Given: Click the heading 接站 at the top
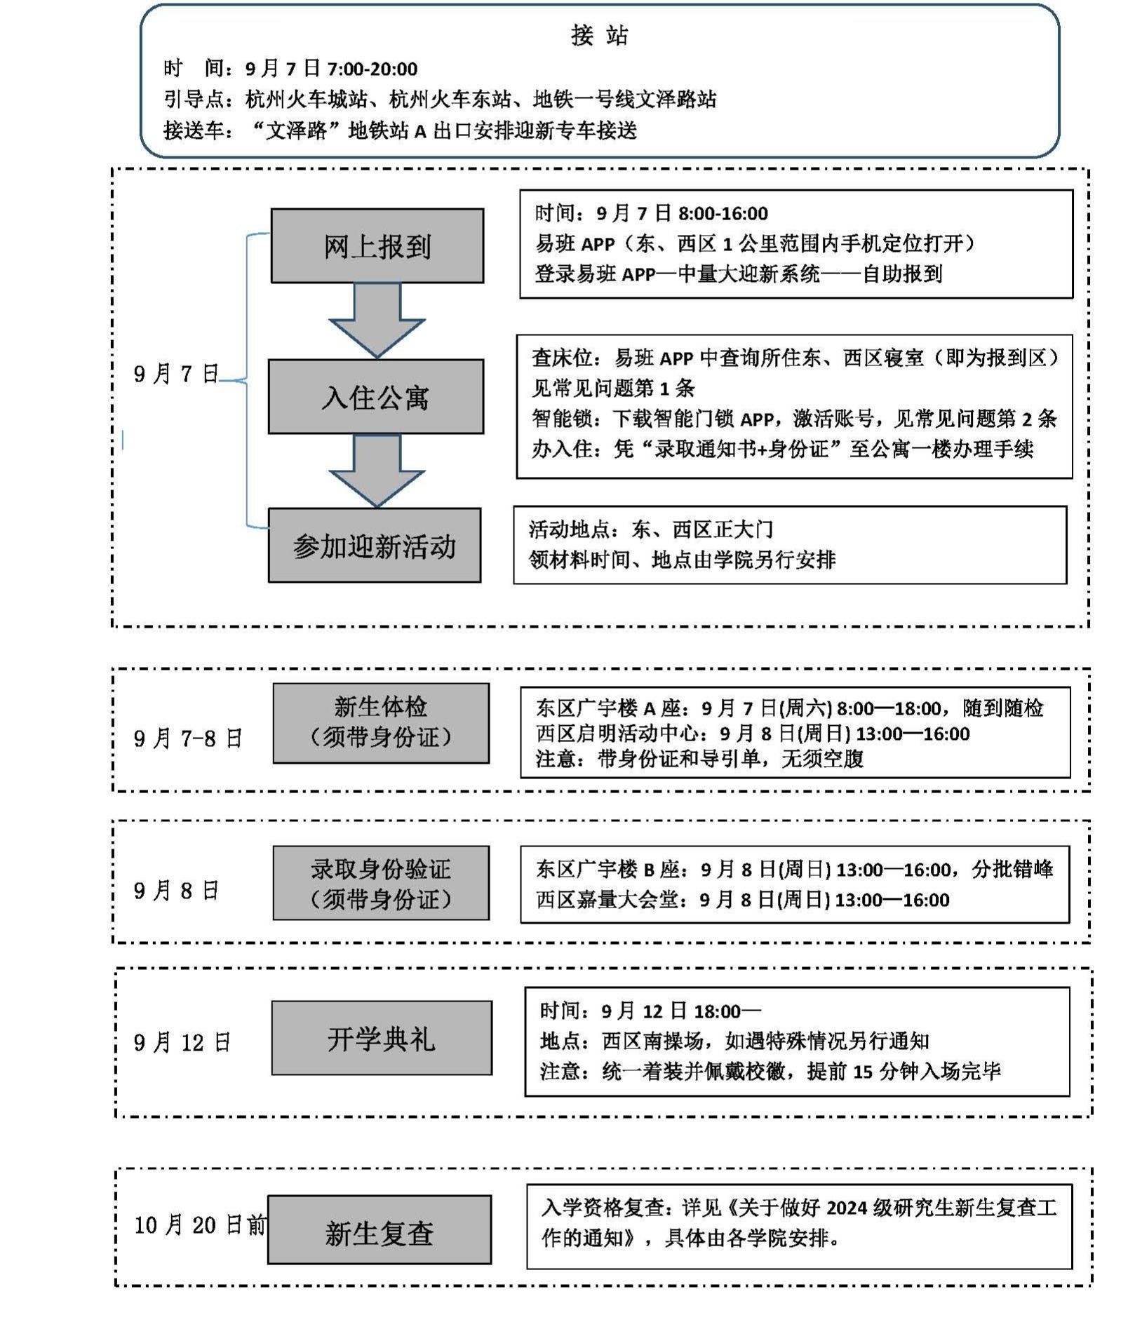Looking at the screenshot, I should click(x=599, y=35).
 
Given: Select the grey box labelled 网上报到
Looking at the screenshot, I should click(x=377, y=246).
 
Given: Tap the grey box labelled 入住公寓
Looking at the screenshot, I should click(x=375, y=397).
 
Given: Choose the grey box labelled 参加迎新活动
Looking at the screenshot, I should click(x=374, y=546).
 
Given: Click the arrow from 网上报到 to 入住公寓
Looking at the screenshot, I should click(x=377, y=320).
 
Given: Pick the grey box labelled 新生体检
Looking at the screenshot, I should click(x=381, y=723).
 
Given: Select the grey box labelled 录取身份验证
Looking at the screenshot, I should click(x=381, y=883).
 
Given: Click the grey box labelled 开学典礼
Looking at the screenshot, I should click(x=382, y=1038).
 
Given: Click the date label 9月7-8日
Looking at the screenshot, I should click(x=188, y=738).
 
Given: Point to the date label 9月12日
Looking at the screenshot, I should click(x=182, y=1043).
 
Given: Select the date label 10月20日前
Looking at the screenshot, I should click(x=200, y=1225).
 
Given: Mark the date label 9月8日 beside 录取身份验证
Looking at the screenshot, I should click(x=177, y=891).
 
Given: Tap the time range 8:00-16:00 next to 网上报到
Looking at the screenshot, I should click(x=723, y=213).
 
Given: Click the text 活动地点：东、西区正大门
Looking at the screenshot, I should click(x=650, y=530).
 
